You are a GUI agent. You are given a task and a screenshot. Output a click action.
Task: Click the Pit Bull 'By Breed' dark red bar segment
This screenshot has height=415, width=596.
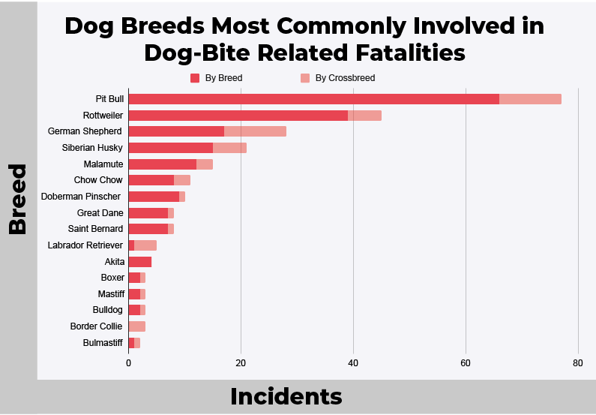coord(313,99)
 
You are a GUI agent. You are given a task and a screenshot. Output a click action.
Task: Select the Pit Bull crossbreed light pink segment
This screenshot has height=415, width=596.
coord(530,99)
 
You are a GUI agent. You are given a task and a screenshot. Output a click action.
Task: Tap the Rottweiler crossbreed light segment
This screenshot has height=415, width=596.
coord(364,116)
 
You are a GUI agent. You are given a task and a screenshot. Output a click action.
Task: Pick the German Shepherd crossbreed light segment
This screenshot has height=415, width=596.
coord(255,131)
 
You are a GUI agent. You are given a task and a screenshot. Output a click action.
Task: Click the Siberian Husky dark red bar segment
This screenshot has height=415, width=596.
coord(171,148)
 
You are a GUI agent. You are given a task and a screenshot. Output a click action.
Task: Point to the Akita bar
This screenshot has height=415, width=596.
coord(140,262)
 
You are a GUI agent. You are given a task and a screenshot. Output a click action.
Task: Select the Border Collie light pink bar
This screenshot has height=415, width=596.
coord(137,326)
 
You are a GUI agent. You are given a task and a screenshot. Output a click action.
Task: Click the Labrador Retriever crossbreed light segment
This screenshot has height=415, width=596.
coord(145,245)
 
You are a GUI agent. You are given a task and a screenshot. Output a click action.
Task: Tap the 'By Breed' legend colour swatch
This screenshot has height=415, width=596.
coord(195,78)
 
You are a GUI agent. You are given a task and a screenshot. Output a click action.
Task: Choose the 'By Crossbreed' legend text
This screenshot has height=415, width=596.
coord(345,78)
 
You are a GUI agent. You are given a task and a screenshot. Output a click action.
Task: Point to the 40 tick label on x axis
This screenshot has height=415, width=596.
coord(353,363)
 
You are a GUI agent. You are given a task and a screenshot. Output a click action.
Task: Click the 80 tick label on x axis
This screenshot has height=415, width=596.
coord(577,363)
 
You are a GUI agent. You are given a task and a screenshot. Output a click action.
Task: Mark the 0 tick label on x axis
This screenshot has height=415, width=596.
coord(129,363)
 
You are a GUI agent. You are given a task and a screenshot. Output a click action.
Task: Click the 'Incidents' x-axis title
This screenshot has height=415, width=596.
coord(286,396)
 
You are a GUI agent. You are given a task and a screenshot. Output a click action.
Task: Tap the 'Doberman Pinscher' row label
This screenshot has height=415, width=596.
coord(81,197)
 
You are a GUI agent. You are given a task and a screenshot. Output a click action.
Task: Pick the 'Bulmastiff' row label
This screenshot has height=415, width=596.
coord(103,343)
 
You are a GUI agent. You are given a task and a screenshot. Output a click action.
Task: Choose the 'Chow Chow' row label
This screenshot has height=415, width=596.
coord(98,180)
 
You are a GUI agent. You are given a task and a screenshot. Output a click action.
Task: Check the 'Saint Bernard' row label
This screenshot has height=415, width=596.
coord(96,229)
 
